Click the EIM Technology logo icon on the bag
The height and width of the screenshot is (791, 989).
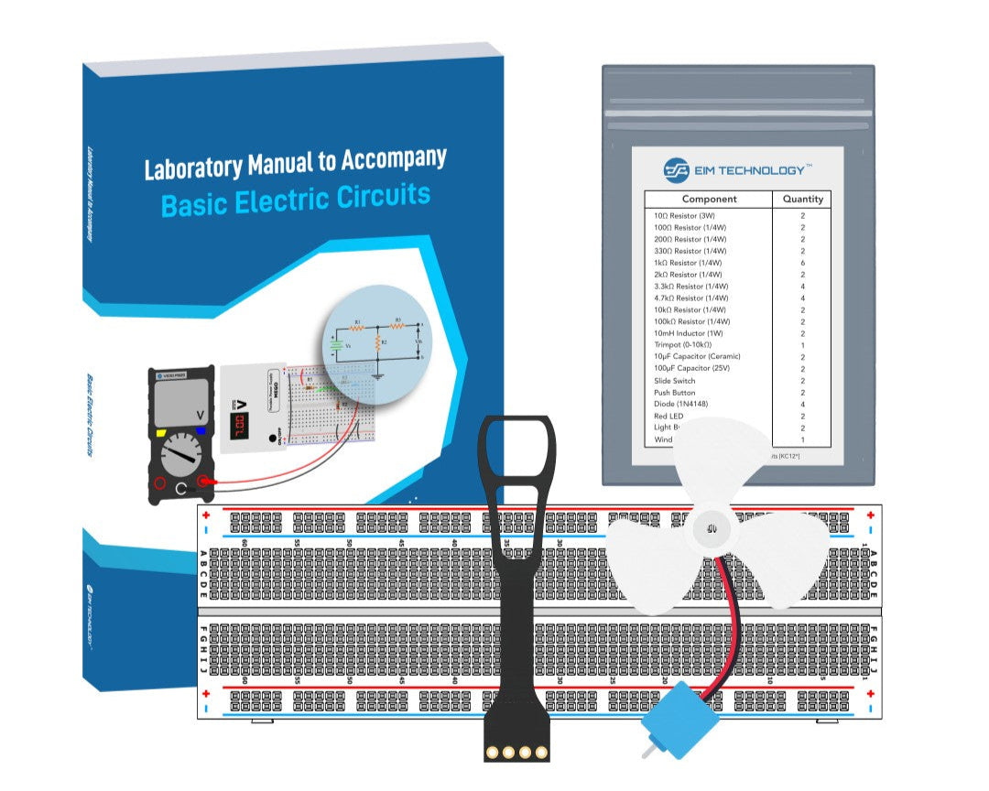676,170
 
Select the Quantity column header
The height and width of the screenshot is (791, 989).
802,199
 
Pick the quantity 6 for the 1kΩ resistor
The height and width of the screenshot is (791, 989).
802,263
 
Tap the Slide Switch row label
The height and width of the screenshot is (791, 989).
674,381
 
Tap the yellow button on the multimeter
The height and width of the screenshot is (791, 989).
162,431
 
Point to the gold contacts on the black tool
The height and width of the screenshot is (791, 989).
518,752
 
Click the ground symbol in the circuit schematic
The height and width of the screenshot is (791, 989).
377,373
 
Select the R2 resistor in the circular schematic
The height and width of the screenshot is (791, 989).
377,342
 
